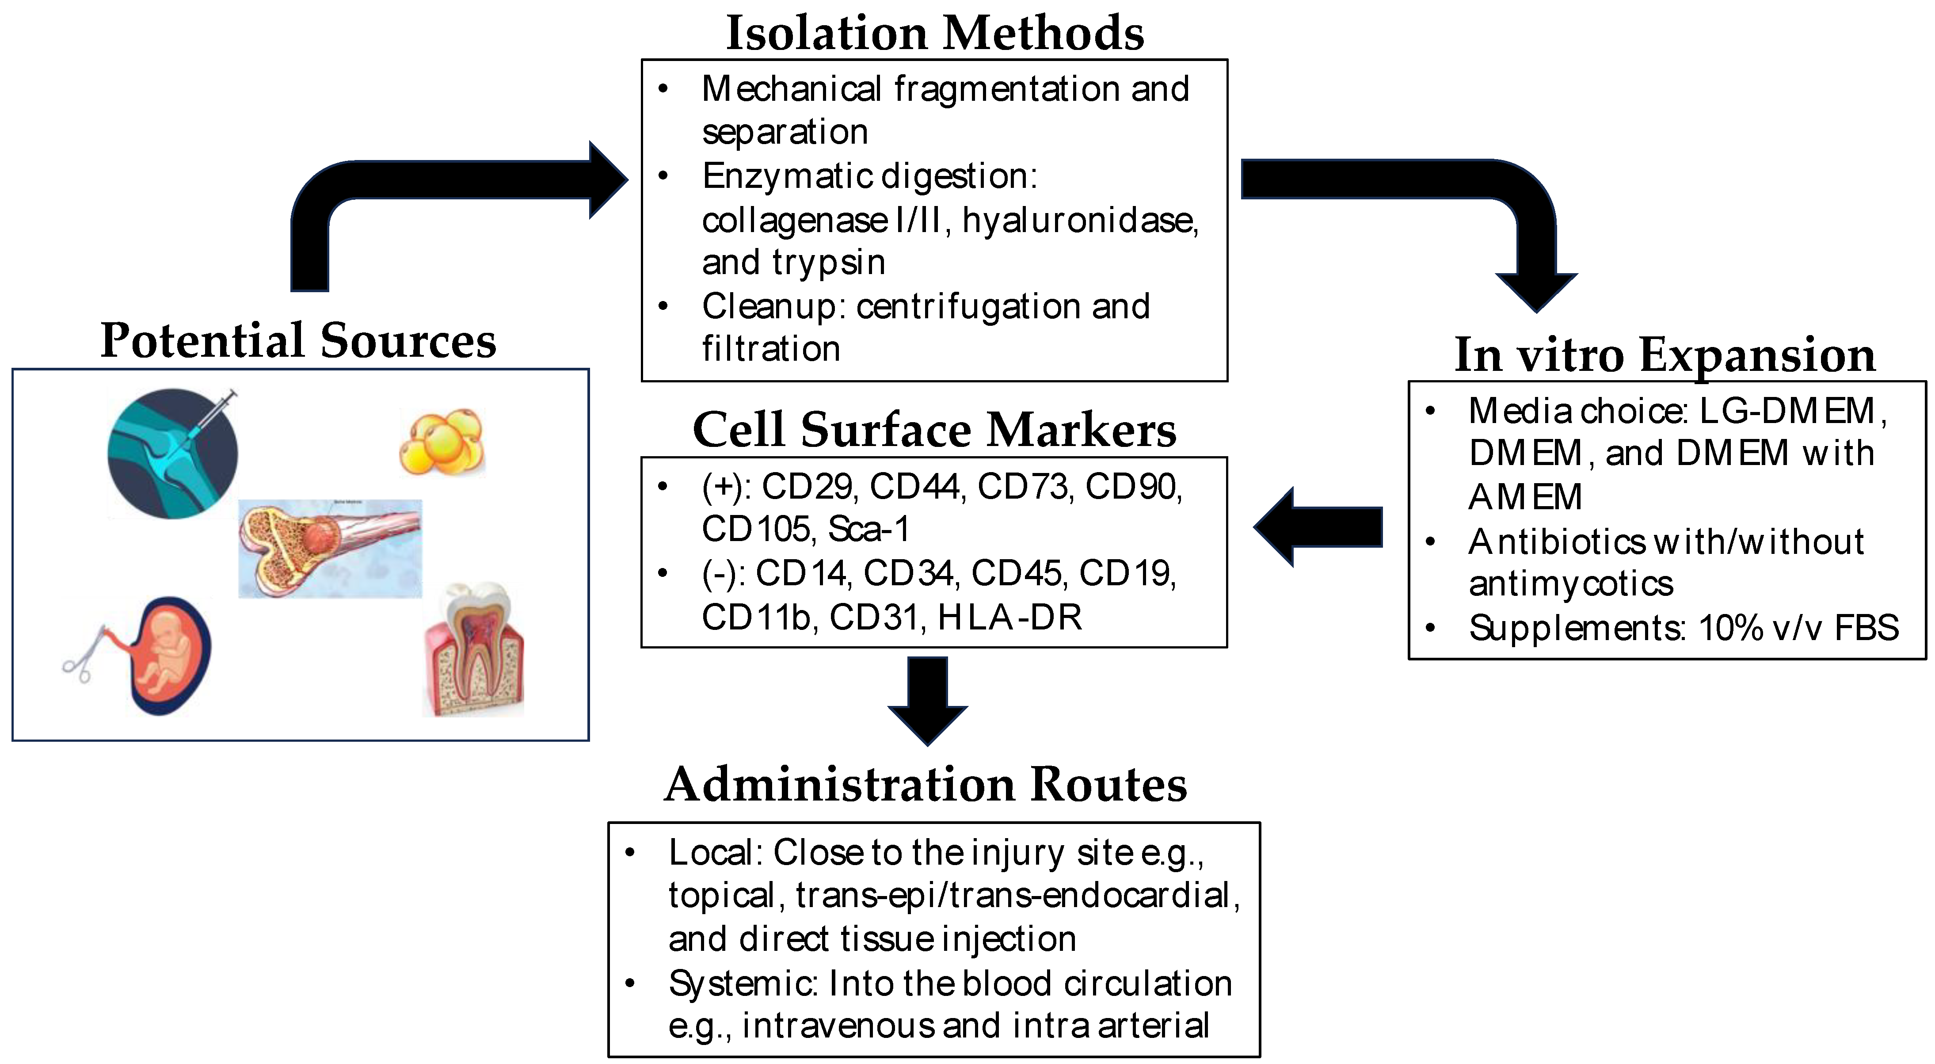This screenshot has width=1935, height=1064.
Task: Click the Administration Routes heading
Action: click(x=926, y=785)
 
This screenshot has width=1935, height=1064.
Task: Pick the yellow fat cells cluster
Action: click(x=442, y=442)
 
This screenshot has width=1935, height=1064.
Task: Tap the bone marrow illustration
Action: click(x=331, y=549)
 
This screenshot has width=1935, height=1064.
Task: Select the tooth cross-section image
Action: click(x=473, y=649)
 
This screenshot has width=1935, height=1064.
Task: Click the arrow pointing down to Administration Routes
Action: click(x=928, y=699)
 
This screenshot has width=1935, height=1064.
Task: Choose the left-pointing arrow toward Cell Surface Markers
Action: click(x=1318, y=526)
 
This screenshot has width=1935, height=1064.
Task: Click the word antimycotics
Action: click(x=1571, y=584)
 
